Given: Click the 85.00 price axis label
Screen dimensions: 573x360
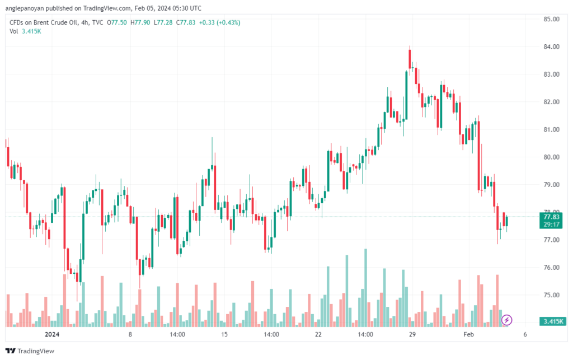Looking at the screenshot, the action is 551,19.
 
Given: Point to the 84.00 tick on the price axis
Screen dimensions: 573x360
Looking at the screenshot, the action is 551,47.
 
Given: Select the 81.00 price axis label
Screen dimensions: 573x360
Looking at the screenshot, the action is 551,129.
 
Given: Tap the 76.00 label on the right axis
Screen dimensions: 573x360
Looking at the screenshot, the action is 551,268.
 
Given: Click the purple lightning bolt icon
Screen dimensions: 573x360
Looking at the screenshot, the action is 506,320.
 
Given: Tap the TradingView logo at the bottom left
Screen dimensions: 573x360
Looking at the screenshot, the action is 30,351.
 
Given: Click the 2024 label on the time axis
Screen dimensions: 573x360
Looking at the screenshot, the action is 52,334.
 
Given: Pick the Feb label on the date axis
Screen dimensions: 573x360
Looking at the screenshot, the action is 468,334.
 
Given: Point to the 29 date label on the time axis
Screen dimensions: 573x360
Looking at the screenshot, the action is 412,334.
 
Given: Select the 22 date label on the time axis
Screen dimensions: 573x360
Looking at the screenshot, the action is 318,334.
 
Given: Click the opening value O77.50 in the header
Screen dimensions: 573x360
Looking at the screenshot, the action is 116,22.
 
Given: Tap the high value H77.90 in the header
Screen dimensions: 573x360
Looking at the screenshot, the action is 140,22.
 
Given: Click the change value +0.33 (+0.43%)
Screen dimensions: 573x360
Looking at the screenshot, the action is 219,22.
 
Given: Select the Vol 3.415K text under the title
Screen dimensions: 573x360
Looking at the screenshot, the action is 25,31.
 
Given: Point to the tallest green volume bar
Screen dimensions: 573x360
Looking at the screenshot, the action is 365,288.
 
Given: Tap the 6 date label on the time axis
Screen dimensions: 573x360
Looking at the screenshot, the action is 525,334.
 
